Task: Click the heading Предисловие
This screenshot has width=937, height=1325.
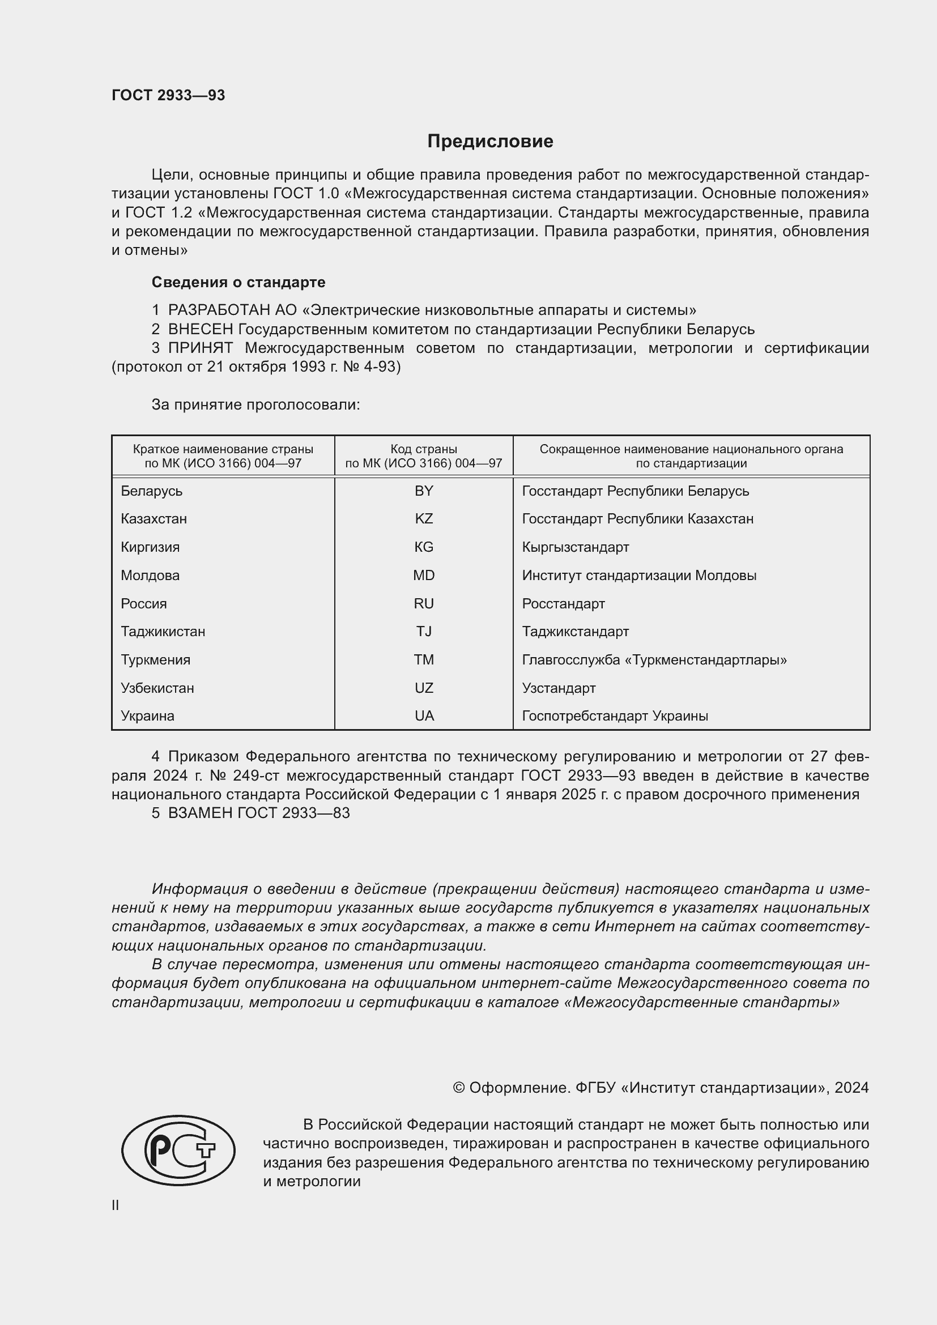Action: (x=490, y=142)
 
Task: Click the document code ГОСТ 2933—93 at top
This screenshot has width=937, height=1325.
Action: (x=168, y=95)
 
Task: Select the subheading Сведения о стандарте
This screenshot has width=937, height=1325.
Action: (x=238, y=282)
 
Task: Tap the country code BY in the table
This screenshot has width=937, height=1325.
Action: (x=424, y=491)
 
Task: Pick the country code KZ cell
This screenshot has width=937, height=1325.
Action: (x=424, y=519)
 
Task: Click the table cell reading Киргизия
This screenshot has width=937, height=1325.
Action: (x=150, y=547)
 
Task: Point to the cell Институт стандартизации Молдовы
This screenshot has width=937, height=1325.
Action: (x=638, y=576)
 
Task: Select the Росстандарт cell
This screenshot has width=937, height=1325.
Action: (x=563, y=604)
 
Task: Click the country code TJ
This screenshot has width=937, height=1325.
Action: (x=424, y=631)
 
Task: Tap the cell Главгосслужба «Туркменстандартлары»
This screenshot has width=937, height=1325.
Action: (x=654, y=659)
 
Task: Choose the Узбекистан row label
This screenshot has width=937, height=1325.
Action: (x=157, y=688)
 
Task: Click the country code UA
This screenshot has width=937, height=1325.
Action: (x=424, y=716)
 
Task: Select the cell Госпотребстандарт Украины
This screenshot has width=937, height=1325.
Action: (x=615, y=716)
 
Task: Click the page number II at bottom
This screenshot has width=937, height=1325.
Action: (x=116, y=1205)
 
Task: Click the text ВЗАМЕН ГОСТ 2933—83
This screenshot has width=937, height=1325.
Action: (x=258, y=813)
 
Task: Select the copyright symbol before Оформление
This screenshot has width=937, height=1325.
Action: (x=459, y=1088)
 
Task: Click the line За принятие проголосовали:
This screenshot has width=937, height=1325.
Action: (x=255, y=404)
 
